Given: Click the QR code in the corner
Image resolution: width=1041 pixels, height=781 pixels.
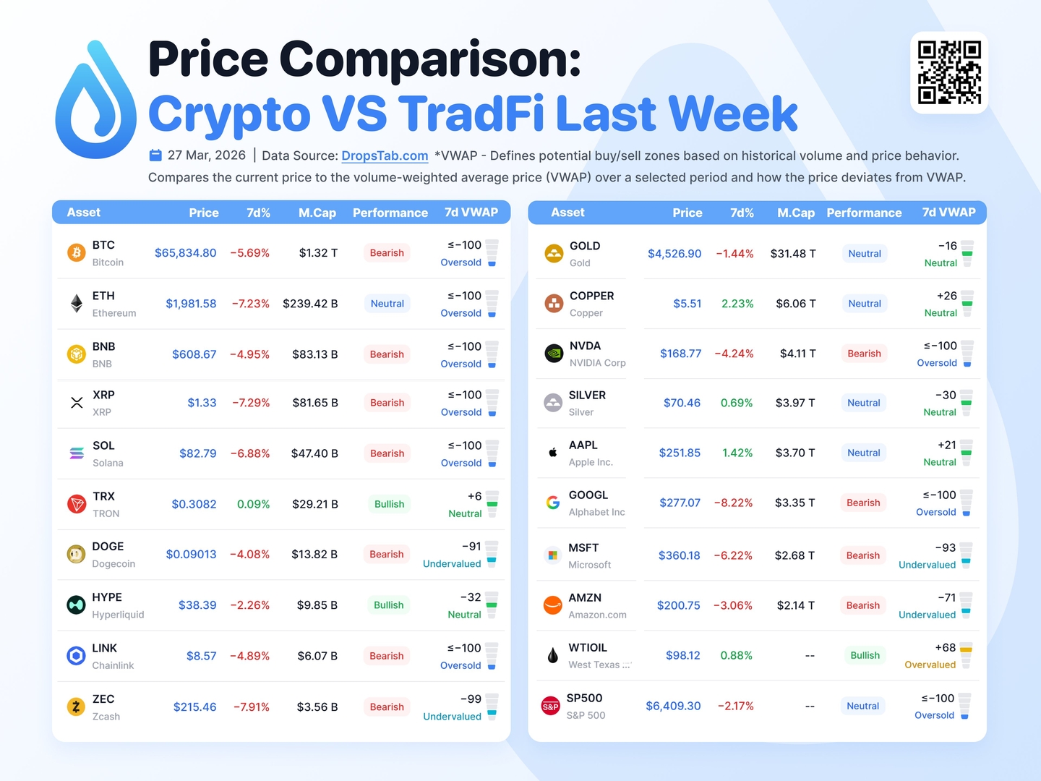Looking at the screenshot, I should (949, 73).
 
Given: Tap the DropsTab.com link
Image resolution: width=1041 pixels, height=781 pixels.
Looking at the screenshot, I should (385, 155).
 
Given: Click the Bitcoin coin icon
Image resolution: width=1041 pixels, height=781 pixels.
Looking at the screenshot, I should (76, 252).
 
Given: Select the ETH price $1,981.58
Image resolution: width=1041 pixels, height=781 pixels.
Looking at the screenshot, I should (191, 304).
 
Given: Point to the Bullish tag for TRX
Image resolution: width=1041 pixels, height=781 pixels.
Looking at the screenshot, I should (389, 504).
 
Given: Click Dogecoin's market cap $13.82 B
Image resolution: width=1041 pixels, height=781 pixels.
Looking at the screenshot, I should (314, 555).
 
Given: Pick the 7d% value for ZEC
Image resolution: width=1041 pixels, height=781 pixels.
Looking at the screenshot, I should (251, 707).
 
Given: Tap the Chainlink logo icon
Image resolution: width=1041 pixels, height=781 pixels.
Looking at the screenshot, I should (76, 656).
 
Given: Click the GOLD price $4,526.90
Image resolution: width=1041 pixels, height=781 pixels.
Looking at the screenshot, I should (674, 254).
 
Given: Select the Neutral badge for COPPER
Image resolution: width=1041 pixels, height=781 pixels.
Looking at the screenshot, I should (865, 304).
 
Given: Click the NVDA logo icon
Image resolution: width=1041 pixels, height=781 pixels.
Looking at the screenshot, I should (554, 354).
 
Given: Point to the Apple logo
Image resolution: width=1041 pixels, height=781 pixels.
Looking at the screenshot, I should (553, 453).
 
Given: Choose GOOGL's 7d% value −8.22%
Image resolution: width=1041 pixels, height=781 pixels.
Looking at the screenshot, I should (733, 503).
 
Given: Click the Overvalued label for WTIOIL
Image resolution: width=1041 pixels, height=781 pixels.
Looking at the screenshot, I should (930, 665).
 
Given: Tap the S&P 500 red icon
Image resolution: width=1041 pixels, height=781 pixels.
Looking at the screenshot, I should (551, 707).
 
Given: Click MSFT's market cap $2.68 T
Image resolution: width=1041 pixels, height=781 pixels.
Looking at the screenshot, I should (794, 555).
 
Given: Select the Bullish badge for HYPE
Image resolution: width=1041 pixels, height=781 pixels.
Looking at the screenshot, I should (388, 605).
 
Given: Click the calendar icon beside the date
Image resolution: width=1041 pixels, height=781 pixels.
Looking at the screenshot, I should (155, 155).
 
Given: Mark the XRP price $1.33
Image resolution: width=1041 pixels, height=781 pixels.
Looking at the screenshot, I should (202, 403).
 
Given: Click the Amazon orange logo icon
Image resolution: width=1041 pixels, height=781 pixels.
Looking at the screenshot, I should (553, 605).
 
